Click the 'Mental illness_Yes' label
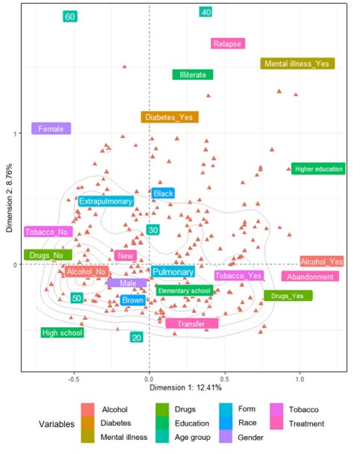[x=298, y=63]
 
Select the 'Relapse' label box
[x=227, y=43]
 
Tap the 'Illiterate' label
[x=193, y=75]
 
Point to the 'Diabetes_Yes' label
[x=170, y=117]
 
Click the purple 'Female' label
[x=51, y=129]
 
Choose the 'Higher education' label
[x=318, y=169]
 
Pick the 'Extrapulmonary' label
[x=106, y=202]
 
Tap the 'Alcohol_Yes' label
[x=322, y=261]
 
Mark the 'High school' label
[x=62, y=333]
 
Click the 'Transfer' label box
[x=192, y=323]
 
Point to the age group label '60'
[x=70, y=16]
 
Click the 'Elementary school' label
[x=184, y=290]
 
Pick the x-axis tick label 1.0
[x=300, y=378]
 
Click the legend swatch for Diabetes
[x=88, y=423]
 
